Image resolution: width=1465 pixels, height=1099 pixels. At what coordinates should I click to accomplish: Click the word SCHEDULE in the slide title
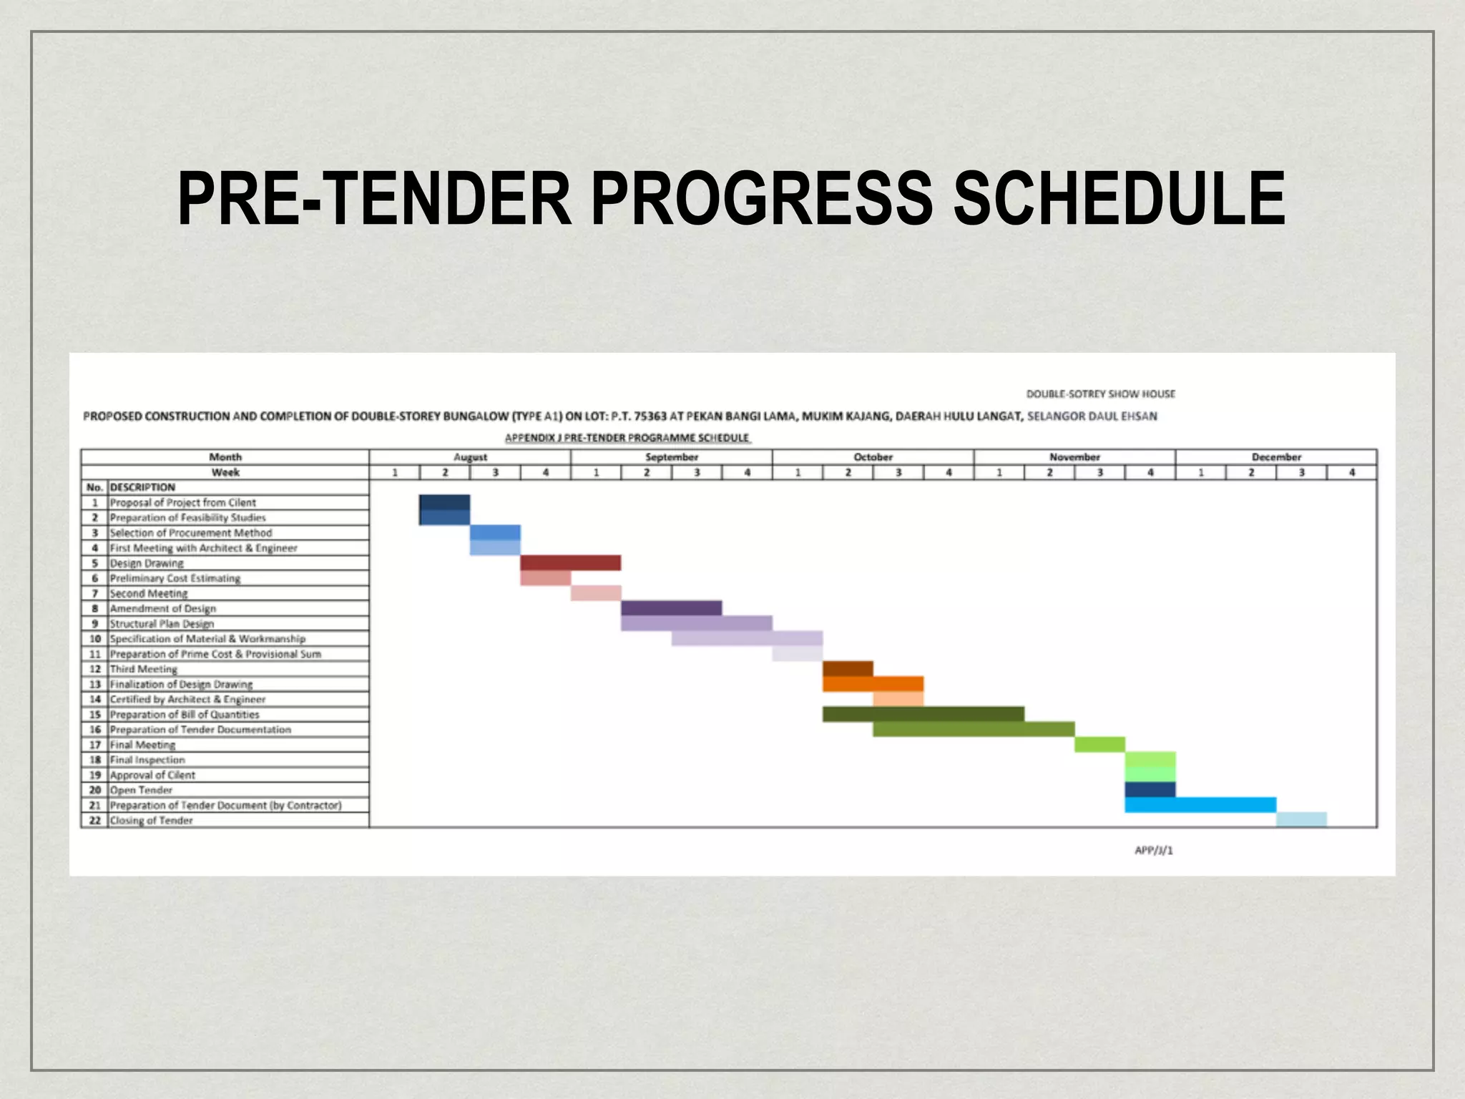coord(1119,198)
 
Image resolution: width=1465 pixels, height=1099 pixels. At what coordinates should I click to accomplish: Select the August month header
coord(470,457)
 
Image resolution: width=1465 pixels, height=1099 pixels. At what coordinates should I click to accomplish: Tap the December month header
coord(1276,457)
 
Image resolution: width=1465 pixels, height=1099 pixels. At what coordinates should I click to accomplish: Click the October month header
coord(873,457)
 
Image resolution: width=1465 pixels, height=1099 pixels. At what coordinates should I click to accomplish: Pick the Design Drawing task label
coord(147,563)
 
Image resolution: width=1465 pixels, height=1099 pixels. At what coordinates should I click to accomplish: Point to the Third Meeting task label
coord(143,669)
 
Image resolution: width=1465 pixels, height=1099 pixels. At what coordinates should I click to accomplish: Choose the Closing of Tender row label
coord(151,820)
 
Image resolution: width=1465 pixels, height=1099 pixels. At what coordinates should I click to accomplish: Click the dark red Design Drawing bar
coord(570,563)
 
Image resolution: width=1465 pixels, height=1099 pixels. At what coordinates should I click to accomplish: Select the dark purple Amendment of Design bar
coord(671,608)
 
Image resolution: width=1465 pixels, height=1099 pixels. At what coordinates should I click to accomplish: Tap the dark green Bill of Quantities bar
coord(923,714)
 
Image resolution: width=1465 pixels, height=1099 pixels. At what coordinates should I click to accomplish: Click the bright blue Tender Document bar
coord(1200,805)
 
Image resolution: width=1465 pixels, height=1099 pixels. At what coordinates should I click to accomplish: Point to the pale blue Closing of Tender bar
coord(1301,820)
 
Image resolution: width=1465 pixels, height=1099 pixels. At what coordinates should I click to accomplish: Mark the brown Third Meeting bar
coord(848,669)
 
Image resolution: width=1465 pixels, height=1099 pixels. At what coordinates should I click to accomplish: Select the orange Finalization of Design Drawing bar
coord(873,684)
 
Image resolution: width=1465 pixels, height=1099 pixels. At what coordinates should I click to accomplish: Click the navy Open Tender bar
coord(1150,790)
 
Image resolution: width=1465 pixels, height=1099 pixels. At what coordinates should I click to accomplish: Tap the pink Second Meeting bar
coord(596,593)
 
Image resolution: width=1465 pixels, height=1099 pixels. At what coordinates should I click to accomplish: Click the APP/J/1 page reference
coord(1153,850)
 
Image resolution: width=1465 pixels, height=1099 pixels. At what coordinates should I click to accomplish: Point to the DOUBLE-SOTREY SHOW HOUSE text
coord(1100,394)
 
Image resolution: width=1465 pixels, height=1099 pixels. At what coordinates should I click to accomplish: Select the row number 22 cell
coord(94,820)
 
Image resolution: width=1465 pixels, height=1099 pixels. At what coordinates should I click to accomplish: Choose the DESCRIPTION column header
coord(142,487)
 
